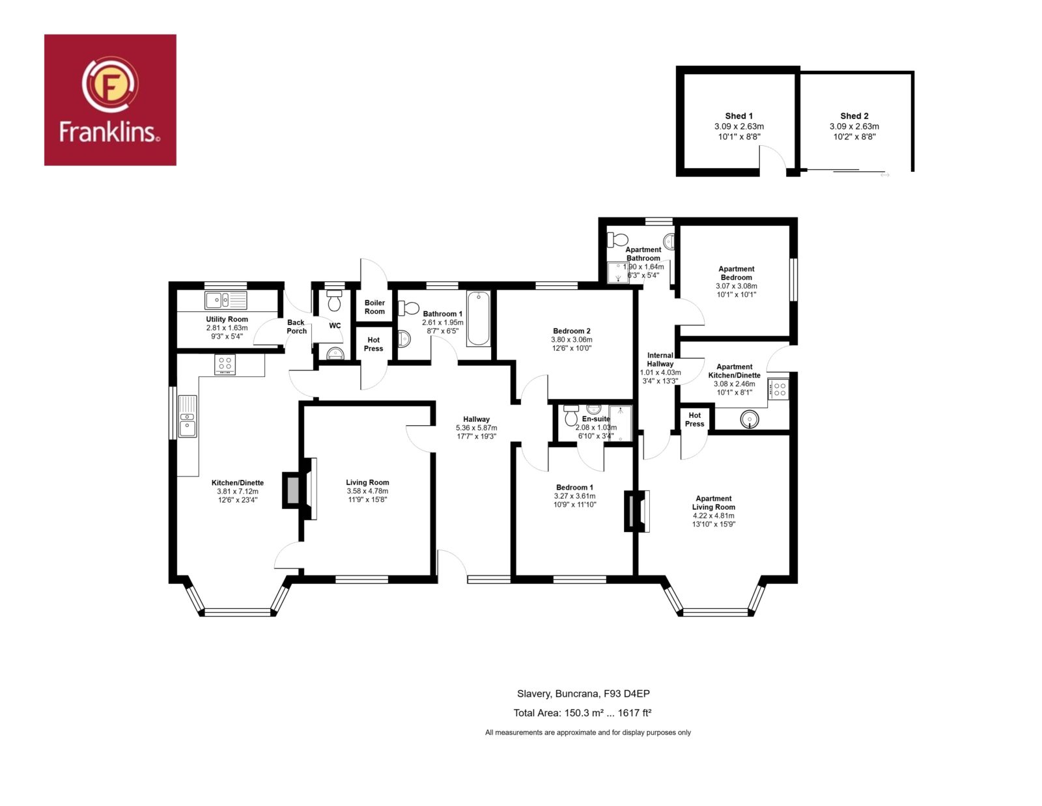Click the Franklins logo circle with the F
point(110,85)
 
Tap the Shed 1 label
point(739,116)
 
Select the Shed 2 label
point(854,116)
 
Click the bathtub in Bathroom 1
point(478,318)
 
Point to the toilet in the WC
point(333,300)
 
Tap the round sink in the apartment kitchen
point(749,419)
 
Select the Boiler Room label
point(374,307)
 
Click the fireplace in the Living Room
point(300,489)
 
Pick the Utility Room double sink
point(225,300)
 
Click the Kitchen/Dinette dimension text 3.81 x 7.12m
point(237,491)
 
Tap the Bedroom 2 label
point(572,331)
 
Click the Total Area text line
point(582,712)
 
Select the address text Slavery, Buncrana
point(558,693)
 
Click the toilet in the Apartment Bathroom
point(617,239)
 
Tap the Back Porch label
point(296,327)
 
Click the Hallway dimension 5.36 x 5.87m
point(476,428)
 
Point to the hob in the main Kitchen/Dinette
point(225,364)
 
